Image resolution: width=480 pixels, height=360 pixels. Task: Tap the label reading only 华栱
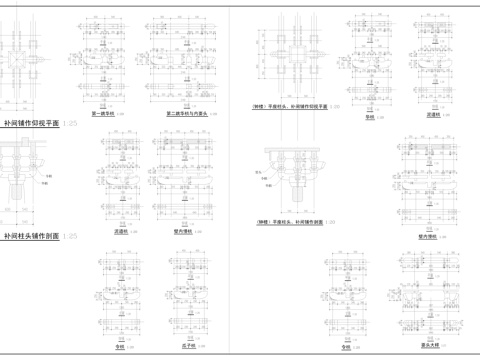(x=369, y=116)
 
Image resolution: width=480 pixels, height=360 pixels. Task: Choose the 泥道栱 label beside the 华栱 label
(x=433, y=116)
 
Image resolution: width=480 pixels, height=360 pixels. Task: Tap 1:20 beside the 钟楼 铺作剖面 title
(x=330, y=223)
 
